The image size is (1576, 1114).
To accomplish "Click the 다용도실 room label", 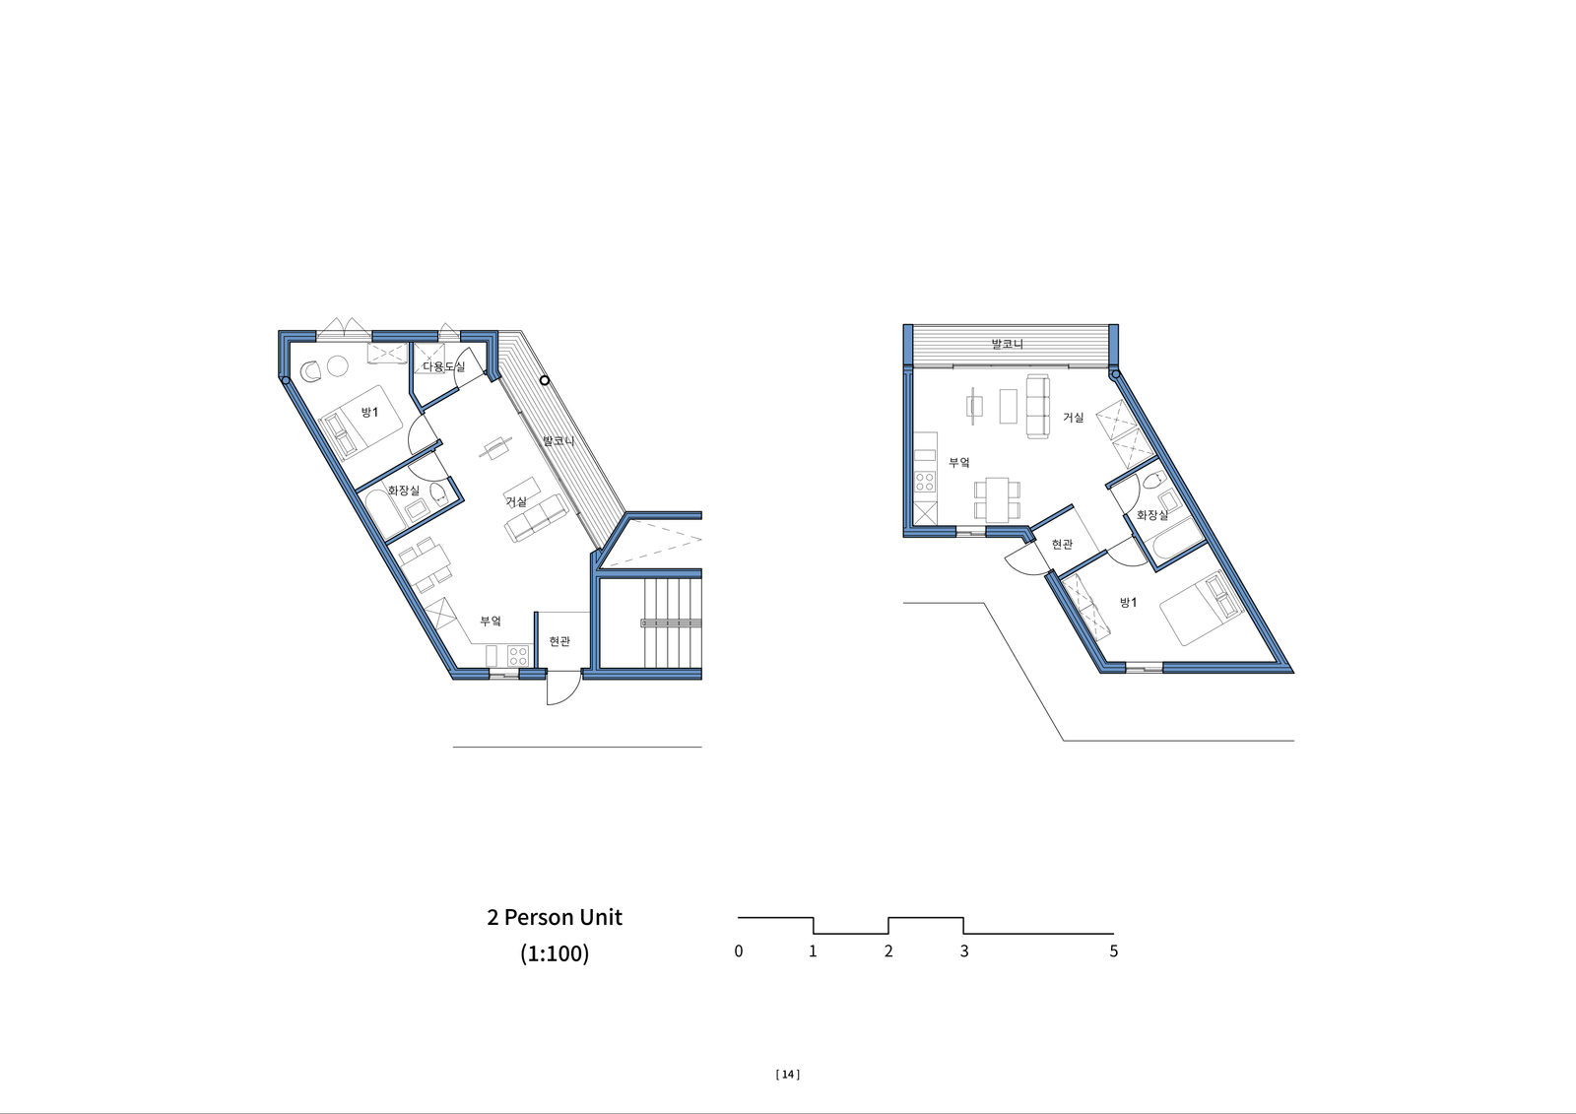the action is click(x=443, y=366).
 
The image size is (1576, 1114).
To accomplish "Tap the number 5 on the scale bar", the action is click(x=1113, y=951).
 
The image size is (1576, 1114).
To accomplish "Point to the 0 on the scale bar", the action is click(x=738, y=951).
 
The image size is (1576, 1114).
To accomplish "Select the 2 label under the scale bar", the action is click(x=888, y=951).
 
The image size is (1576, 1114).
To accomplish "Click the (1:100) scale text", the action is click(x=555, y=953).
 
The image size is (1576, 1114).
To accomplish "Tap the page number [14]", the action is click(x=788, y=1075).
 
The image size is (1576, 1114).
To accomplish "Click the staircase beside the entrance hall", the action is click(x=673, y=623).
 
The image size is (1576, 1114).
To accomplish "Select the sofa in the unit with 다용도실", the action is click(x=536, y=518).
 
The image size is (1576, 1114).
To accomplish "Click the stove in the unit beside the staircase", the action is click(x=518, y=656).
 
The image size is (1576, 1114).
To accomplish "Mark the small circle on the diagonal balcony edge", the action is click(x=545, y=381).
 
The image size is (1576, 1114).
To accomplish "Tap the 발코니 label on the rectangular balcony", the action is click(x=1007, y=344).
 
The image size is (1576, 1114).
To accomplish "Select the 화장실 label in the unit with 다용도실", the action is click(x=404, y=490).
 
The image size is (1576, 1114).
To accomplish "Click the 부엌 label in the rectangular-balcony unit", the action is click(x=959, y=462).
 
